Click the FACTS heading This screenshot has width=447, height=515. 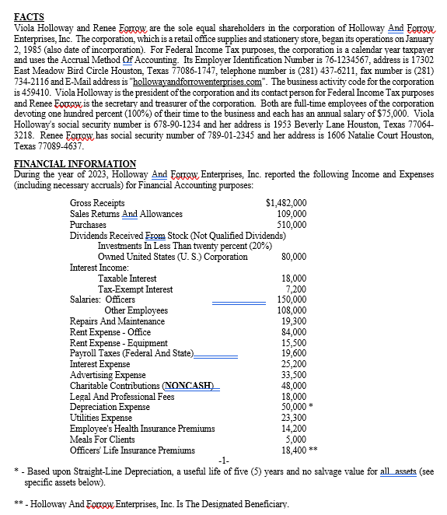click(x=30, y=16)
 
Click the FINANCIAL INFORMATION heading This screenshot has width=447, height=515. click(x=75, y=163)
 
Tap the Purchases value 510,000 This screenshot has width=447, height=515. click(x=292, y=224)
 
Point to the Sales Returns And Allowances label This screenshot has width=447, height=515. click(x=126, y=214)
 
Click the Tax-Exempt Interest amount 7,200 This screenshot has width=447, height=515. click(x=296, y=289)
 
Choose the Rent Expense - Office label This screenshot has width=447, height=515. click(x=110, y=331)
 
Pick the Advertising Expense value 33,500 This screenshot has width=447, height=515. click(x=294, y=374)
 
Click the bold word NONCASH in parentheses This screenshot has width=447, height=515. click(x=191, y=385)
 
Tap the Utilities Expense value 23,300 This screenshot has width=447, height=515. click(x=294, y=418)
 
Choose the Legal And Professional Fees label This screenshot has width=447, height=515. click(x=122, y=396)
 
